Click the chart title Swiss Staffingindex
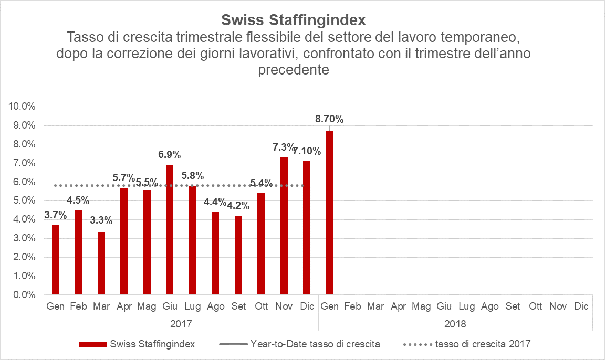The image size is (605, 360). [293, 20]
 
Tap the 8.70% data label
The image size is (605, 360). [329, 119]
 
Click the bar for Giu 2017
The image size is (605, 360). [170, 229]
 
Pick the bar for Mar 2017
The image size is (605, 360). [101, 263]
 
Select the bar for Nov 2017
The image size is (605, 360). [284, 226]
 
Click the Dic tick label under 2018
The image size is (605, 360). [581, 306]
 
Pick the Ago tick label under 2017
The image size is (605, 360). [215, 306]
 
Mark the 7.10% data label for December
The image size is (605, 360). [307, 151]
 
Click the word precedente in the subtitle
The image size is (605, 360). [293, 70]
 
